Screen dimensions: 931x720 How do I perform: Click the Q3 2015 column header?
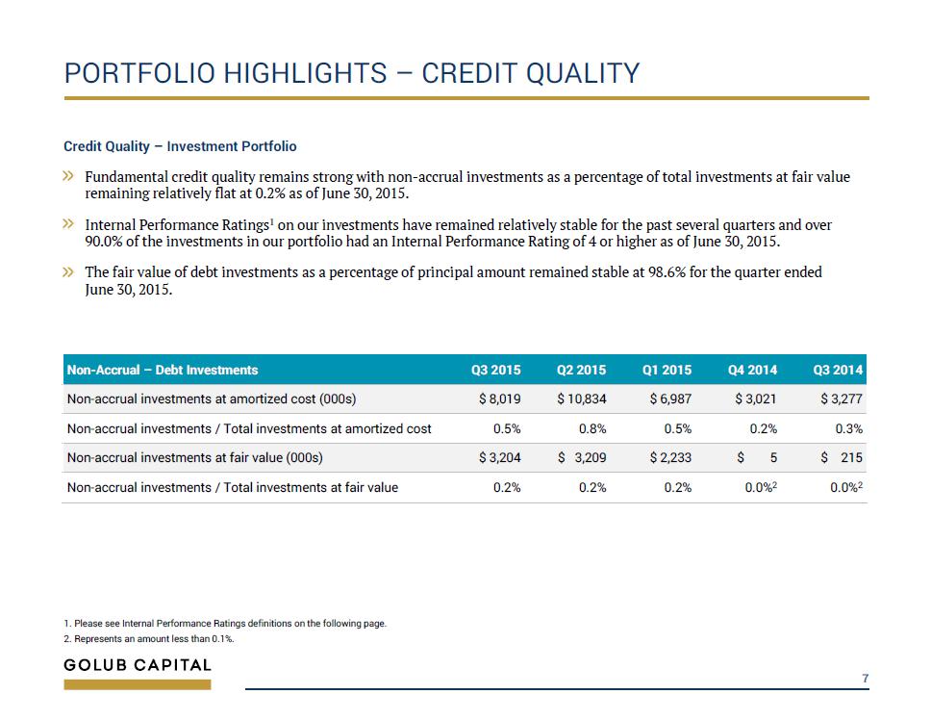(x=495, y=370)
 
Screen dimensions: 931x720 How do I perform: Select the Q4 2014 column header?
(x=752, y=370)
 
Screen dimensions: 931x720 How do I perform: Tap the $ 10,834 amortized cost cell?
(x=581, y=399)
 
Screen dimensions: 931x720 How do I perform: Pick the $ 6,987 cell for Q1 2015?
(x=670, y=399)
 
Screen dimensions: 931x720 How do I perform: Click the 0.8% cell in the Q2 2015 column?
(x=592, y=429)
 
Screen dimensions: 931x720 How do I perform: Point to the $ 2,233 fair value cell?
(x=670, y=457)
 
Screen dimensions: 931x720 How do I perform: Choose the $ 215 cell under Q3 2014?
(x=842, y=457)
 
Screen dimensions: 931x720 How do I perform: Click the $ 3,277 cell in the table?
(x=842, y=399)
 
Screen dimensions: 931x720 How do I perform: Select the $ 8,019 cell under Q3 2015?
(x=500, y=399)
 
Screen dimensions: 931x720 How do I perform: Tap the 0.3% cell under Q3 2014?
(x=849, y=429)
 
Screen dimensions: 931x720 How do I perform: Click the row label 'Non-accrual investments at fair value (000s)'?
(x=194, y=458)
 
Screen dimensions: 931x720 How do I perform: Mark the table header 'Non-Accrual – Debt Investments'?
(x=163, y=370)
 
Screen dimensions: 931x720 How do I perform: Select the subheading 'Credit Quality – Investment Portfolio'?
(x=180, y=146)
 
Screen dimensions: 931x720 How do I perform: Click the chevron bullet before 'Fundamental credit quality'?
(x=69, y=176)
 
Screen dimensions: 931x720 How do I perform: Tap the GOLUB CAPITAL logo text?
(x=138, y=665)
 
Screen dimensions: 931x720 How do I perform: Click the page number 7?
(x=866, y=679)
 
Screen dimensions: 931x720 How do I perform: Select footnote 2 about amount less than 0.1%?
(x=149, y=639)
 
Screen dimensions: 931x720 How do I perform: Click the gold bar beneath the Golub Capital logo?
(x=138, y=685)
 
